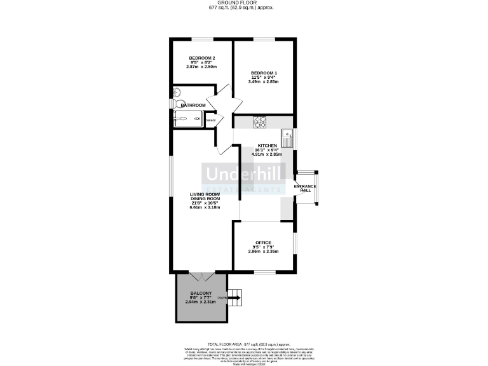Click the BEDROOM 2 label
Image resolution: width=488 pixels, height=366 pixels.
pyautogui.click(x=201, y=57)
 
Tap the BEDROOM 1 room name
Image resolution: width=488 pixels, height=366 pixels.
pyautogui.click(x=264, y=72)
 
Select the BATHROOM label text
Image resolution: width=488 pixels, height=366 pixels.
pyautogui.click(x=193, y=105)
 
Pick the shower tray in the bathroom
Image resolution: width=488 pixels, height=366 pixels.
pyautogui.click(x=188, y=118)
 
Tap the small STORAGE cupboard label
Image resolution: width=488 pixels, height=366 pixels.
pyautogui.click(x=210, y=120)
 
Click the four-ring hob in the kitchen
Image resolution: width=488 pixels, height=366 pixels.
pyautogui.click(x=260, y=121)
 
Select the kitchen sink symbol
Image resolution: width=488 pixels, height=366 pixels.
pyautogui.click(x=287, y=135)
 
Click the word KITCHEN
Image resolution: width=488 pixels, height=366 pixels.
pyautogui.click(x=266, y=146)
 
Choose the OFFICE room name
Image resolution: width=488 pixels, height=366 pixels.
pyautogui.click(x=263, y=243)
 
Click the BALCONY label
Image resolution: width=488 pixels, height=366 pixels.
pyautogui.click(x=201, y=292)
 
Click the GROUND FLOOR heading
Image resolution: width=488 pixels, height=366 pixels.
pyautogui.click(x=243, y=3)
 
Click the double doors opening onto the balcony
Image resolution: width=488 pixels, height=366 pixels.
pyautogui.click(x=201, y=277)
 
